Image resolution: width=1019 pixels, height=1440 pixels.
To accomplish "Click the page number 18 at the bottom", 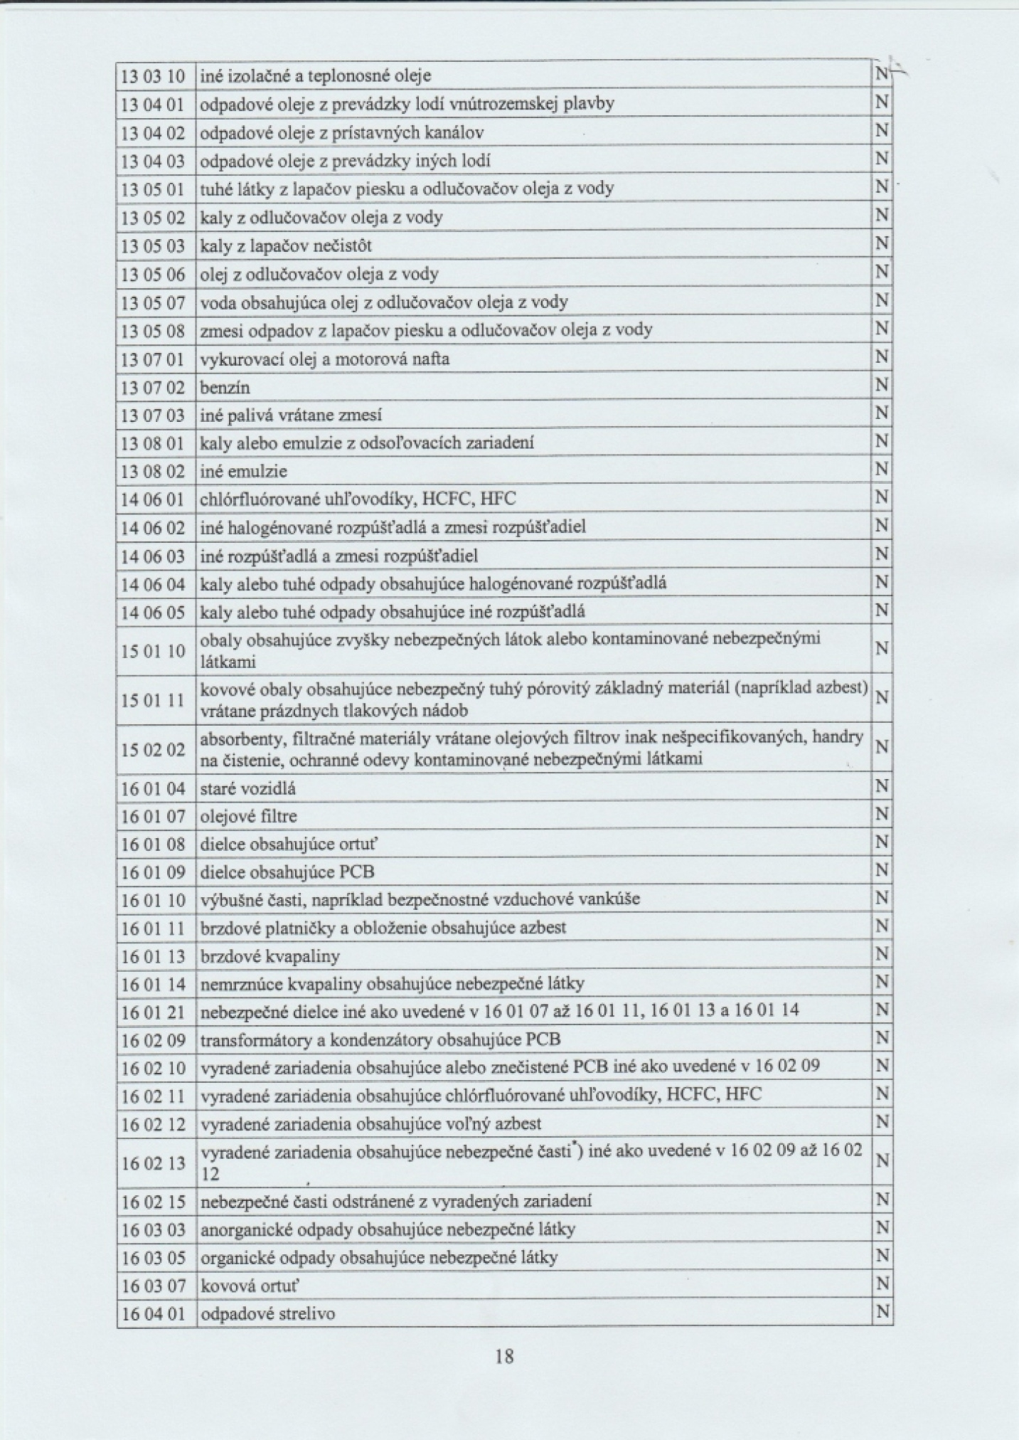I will [x=503, y=1355].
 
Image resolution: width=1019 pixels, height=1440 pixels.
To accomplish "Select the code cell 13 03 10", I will [x=154, y=75].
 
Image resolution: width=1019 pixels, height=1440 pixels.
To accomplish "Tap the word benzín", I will [x=225, y=388].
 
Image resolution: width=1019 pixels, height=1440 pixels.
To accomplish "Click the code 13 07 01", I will [x=154, y=359].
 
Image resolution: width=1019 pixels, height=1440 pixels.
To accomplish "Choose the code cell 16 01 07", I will [x=154, y=817].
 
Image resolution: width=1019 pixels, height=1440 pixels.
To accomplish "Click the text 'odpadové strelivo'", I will [x=267, y=1314].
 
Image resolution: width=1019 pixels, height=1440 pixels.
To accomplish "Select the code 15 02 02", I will [x=154, y=750].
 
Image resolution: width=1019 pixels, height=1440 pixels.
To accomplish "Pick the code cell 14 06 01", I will [x=154, y=499].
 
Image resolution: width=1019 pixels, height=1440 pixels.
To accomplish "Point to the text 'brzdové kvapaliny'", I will [x=270, y=956].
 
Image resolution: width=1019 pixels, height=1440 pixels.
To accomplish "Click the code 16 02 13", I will [x=154, y=1163].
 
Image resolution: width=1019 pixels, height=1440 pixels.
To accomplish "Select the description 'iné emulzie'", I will [x=243, y=471].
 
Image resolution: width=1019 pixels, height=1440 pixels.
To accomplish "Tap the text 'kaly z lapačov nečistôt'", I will [x=286, y=246].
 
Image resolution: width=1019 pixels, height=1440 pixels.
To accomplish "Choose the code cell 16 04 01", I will [x=154, y=1314].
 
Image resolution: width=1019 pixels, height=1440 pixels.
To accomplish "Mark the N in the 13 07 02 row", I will [x=882, y=386].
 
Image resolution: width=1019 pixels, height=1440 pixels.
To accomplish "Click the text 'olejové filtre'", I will [x=248, y=817].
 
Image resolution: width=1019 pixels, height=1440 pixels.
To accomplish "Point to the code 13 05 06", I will [x=154, y=274].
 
